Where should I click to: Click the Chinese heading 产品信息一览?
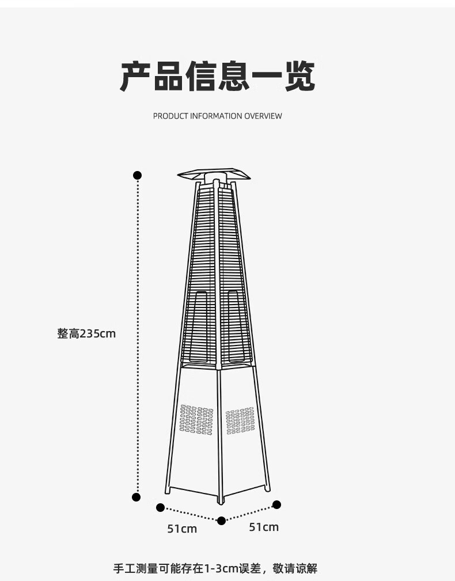click(217, 77)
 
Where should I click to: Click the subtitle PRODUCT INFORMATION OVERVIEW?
click(217, 116)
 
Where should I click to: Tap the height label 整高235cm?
click(86, 333)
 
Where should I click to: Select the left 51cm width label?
click(182, 529)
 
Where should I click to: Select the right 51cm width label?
click(264, 527)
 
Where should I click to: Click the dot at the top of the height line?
click(137, 175)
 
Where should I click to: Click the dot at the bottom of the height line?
click(136, 497)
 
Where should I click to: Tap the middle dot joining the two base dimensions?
click(221, 521)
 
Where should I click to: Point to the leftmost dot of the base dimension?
click(161, 507)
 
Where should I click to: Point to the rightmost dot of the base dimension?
click(276, 504)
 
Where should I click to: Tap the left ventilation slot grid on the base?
click(196, 419)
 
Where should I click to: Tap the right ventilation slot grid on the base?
click(240, 420)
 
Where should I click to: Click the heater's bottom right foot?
click(268, 488)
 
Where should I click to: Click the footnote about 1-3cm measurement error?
click(214, 569)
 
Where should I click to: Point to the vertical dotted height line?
click(137, 334)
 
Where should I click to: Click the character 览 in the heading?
click(299, 77)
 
